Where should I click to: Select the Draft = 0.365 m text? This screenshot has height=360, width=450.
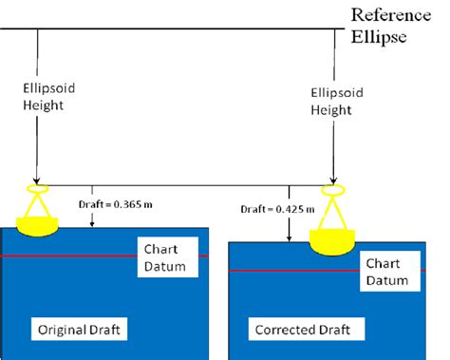115,202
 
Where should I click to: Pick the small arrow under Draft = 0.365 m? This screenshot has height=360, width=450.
92,217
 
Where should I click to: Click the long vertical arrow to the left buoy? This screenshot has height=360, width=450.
37,142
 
